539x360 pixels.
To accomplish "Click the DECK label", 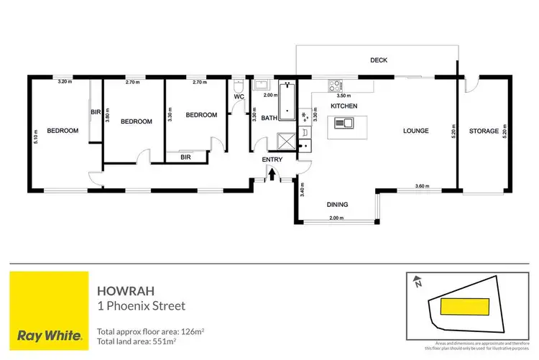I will coord(379,60).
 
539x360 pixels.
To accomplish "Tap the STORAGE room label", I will coord(484,131).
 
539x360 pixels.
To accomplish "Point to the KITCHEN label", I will coord(344,106).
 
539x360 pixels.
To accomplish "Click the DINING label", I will coord(338,205).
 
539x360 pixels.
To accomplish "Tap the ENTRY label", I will coord(272,160).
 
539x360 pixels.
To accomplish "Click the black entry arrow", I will coord(272,172).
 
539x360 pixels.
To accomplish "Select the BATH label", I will coord(269,119).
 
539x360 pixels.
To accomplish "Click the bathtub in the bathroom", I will coord(287,102).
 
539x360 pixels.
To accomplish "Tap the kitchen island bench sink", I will coord(349,123).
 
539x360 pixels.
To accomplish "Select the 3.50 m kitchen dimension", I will coord(344,96).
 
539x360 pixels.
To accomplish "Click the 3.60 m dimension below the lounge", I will coord(422,188).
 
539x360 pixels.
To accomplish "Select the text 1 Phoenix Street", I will coord(141,306).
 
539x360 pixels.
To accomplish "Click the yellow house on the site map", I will coord(465,308).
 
